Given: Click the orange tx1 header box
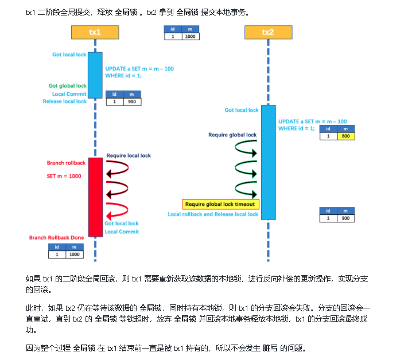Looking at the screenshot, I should (95, 33).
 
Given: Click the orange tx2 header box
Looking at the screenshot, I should (268, 33).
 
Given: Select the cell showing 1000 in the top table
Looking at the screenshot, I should (191, 36).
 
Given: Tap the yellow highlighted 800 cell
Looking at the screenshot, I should (346, 136).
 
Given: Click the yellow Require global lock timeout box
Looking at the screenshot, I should (220, 204).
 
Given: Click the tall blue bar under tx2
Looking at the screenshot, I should (268, 162).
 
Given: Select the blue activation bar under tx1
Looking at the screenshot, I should (95, 75).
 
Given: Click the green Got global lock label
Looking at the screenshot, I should (68, 86).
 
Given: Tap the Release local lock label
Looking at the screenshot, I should (65, 101).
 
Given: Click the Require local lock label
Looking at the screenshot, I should (129, 155).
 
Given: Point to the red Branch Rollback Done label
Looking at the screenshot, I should (57, 237).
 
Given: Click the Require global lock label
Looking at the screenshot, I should (232, 135).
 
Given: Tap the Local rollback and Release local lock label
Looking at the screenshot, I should (213, 214).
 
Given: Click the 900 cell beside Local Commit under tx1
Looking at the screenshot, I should (132, 101).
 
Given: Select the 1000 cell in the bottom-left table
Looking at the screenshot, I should (74, 254).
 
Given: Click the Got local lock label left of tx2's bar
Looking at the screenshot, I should (242, 110).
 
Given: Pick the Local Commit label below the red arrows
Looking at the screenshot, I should (122, 232).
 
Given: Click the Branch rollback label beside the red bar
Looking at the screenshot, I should (66, 163).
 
